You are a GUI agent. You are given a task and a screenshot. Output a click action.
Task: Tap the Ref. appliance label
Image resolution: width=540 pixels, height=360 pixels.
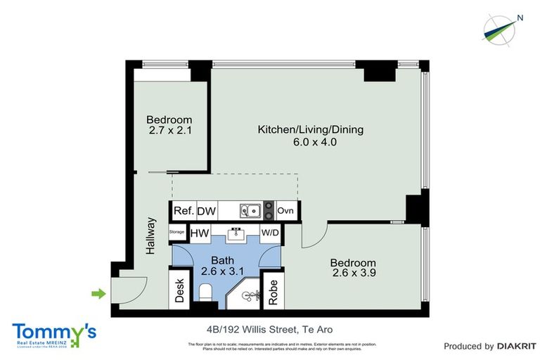coord(184,211)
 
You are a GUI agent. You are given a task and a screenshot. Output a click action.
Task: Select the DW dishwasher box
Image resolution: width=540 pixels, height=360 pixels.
coord(206,211)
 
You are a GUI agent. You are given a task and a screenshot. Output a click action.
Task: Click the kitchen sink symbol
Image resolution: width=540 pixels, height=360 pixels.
coord(250,210)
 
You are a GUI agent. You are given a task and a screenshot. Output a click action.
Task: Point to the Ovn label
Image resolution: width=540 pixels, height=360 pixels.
coord(285,211)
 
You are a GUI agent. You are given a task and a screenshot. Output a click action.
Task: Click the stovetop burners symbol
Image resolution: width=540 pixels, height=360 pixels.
coord(268,210)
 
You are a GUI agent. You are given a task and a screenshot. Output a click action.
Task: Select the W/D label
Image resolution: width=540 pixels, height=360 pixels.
coord(270,232)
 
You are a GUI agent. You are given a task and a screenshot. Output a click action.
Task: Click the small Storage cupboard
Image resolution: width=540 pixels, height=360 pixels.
coord(176,232)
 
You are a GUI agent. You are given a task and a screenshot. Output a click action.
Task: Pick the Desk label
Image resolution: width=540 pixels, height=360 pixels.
coord(179,290)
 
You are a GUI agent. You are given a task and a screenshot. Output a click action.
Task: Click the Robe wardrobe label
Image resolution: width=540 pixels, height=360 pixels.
coord(273,290)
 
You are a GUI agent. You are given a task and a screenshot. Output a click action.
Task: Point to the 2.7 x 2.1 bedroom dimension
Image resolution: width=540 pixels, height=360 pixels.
coord(169,131)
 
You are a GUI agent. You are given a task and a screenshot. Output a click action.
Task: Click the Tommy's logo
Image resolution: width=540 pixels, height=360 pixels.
coord(54,333)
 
